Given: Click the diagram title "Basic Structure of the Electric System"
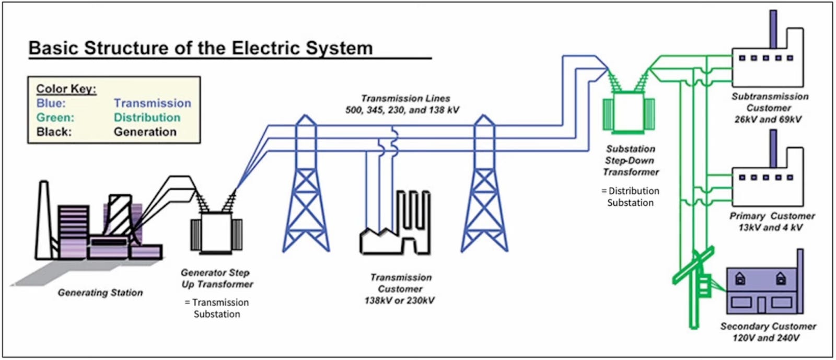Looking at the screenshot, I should coord(201,48).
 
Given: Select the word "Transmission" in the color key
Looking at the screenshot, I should coord(153,103).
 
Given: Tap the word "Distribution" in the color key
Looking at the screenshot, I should coord(147,118).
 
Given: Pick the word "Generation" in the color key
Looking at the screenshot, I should coord(145,132).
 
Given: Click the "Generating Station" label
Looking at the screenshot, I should coord(100,293).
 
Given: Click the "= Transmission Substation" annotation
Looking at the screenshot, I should coord(217,308).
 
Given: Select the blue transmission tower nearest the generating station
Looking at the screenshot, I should coord(306,188).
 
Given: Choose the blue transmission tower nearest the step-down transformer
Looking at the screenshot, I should coord(484,188).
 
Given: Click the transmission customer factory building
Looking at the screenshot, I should coord(397,230).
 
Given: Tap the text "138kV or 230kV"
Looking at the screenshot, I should coord(400,300).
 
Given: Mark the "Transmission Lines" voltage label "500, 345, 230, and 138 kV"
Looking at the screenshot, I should coord(402,110).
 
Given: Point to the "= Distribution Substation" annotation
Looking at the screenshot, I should coord(630,196).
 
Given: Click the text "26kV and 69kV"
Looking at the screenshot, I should coord(768,119).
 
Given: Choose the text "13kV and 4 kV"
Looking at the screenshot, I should coord(770,227).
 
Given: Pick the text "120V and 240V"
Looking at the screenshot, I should coord(766,338).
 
